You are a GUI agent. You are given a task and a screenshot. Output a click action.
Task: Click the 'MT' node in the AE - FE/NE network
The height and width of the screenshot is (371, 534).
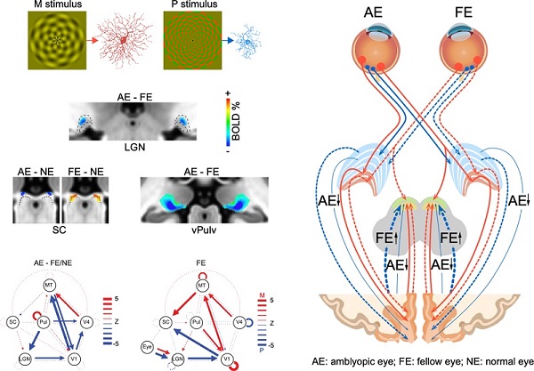tap(50, 285)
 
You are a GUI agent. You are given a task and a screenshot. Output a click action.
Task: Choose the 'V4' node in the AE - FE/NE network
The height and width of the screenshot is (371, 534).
tap(86, 320)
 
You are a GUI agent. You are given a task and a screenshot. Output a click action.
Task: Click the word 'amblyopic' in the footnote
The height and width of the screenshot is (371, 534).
tap(362, 362)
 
